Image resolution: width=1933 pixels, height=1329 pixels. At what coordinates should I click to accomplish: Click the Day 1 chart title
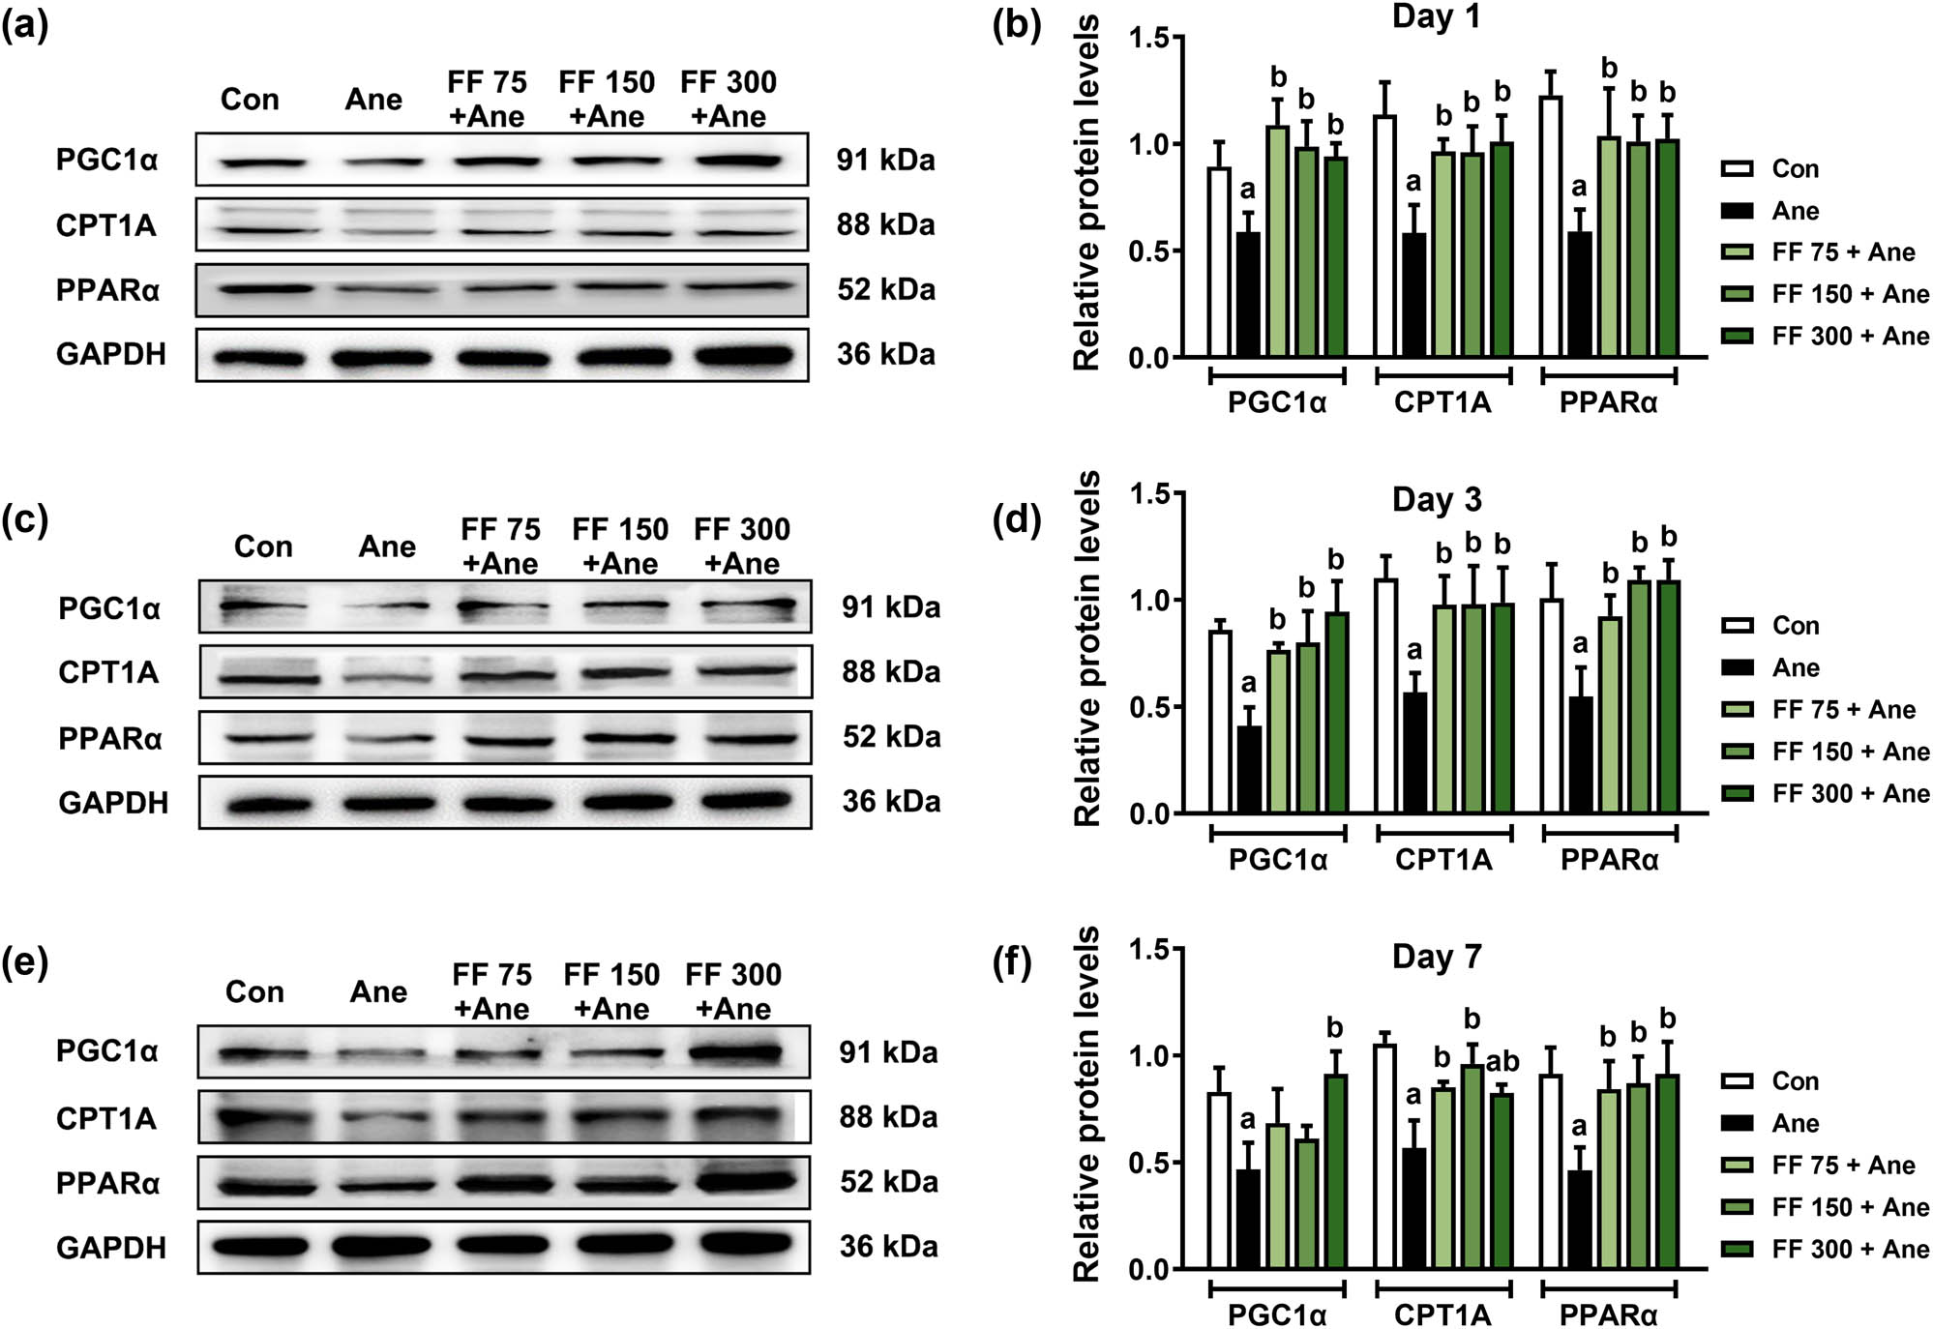(1436, 17)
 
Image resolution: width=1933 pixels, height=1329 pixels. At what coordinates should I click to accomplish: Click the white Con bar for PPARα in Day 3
(1552, 706)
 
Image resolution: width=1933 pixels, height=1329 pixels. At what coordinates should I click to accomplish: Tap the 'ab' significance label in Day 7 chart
(1502, 1062)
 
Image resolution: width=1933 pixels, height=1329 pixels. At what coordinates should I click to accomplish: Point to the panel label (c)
(26, 520)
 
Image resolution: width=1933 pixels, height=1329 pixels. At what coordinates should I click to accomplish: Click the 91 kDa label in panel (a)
(885, 160)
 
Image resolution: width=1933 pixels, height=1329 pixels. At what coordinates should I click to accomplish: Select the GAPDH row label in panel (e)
(111, 1248)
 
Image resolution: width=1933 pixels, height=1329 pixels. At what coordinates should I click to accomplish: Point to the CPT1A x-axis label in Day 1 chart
(1442, 403)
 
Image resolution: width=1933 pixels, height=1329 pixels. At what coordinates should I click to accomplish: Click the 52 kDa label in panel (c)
(891, 737)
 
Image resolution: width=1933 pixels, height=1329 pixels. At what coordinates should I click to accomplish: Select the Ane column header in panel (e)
(378, 992)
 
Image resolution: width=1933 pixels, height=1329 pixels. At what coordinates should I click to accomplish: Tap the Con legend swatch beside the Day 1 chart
(1738, 169)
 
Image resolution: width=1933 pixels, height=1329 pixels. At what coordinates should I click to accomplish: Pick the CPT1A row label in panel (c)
(108, 672)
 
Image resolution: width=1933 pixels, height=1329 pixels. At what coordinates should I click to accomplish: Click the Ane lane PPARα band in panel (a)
(373, 289)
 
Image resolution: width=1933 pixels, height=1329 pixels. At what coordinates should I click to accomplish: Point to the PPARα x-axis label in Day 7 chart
(1608, 1315)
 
